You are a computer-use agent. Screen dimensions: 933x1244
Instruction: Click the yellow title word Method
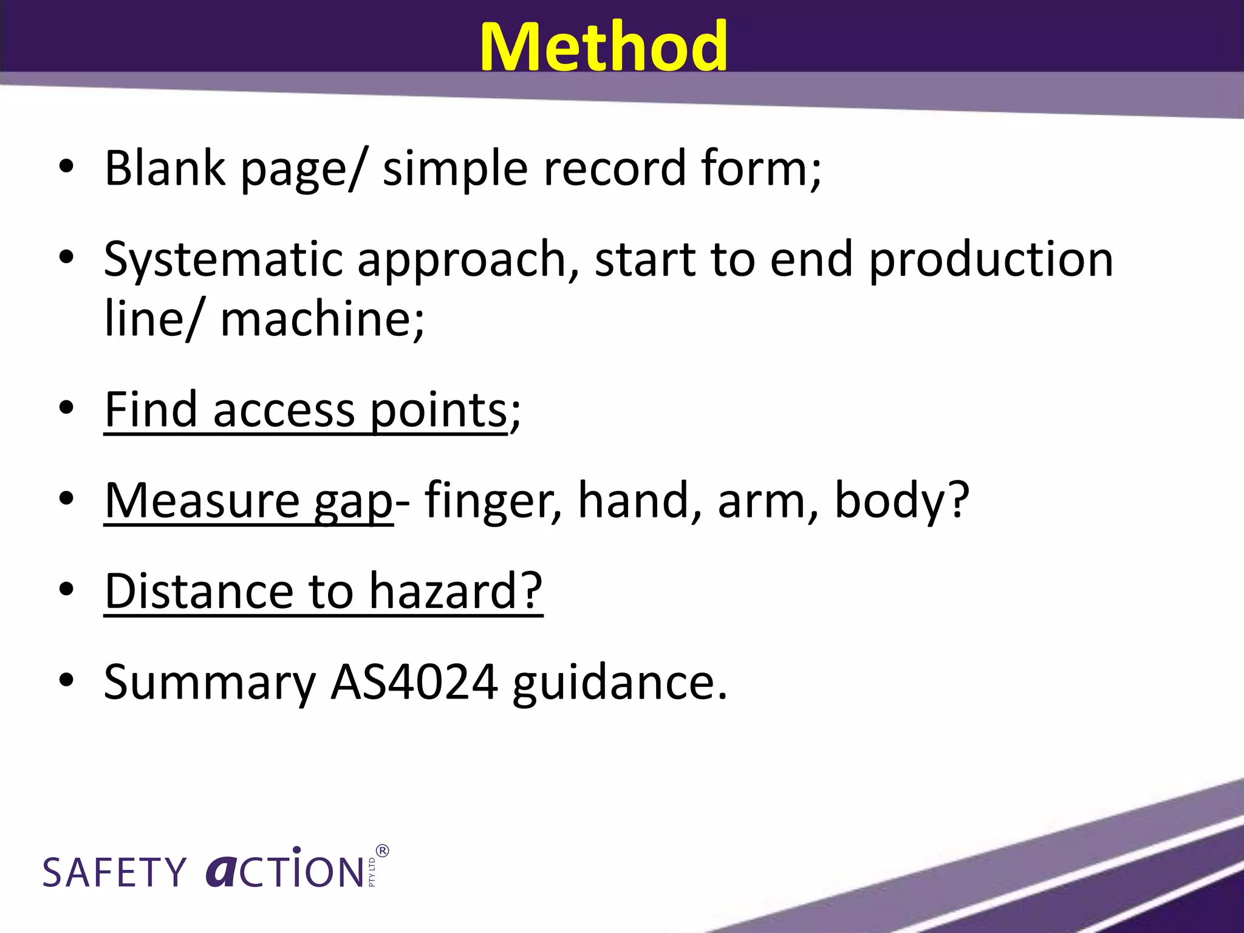pos(603,47)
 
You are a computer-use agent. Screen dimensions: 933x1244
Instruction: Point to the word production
pos(991,260)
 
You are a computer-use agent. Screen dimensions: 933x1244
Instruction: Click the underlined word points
pos(438,411)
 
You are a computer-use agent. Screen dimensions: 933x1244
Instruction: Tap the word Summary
pos(210,683)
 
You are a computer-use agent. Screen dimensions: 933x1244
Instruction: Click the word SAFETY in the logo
pos(115,872)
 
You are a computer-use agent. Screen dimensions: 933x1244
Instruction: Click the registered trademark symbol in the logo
pos(383,850)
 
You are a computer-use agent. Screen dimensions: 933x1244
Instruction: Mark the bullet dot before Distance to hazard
pos(67,589)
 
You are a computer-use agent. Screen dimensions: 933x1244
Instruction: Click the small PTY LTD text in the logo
pos(372,872)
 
